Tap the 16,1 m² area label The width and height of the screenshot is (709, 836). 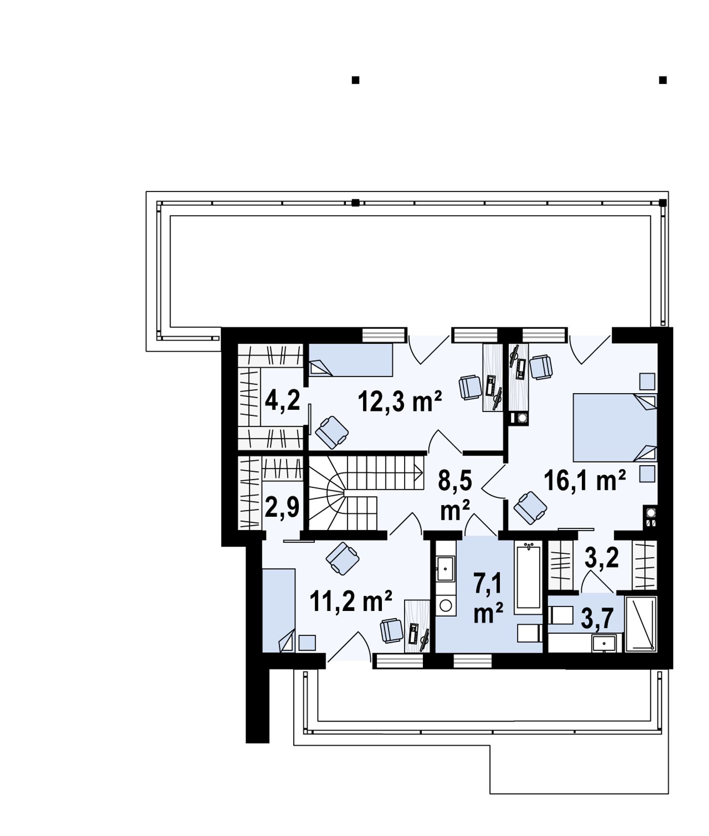click(x=585, y=480)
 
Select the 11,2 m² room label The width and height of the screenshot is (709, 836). click(x=351, y=601)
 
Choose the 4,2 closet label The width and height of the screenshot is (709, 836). click(x=283, y=399)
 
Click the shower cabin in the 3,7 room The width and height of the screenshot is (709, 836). click(x=641, y=624)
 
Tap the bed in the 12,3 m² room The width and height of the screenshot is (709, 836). click(x=350, y=360)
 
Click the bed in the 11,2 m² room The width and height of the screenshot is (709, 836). click(x=279, y=610)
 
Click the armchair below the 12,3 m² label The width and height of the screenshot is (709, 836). click(x=332, y=432)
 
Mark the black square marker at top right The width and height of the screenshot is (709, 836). click(x=662, y=80)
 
